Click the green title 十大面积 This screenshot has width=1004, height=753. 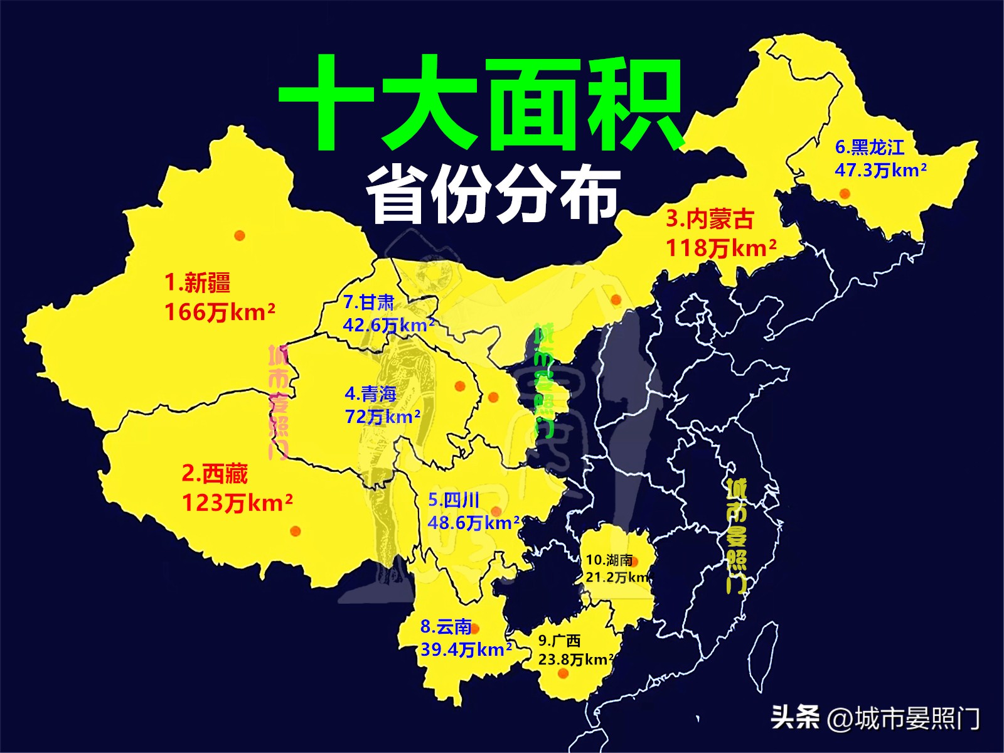coord(481,104)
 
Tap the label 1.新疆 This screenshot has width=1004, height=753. coord(197,282)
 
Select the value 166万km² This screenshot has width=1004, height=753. coord(219,312)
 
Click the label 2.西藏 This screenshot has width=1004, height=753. coord(215,474)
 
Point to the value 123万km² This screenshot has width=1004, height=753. coord(237,503)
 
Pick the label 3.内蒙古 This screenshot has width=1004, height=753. coord(709,219)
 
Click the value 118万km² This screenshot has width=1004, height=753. coord(720,248)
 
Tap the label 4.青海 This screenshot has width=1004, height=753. coord(370,394)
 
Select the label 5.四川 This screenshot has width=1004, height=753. coord(454,500)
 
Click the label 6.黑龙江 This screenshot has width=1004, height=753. coord(870,147)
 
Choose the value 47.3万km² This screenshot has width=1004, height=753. coord(880,170)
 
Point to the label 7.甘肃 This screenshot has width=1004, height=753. coord(368,302)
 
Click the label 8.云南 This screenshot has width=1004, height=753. coord(446,626)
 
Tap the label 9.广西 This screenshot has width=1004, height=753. coord(559,641)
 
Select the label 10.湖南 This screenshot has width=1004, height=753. coord(609,560)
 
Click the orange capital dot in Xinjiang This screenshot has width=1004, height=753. coord(239,235)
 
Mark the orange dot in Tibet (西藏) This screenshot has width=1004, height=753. coord(295,531)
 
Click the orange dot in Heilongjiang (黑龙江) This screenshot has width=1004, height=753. coord(845,193)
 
